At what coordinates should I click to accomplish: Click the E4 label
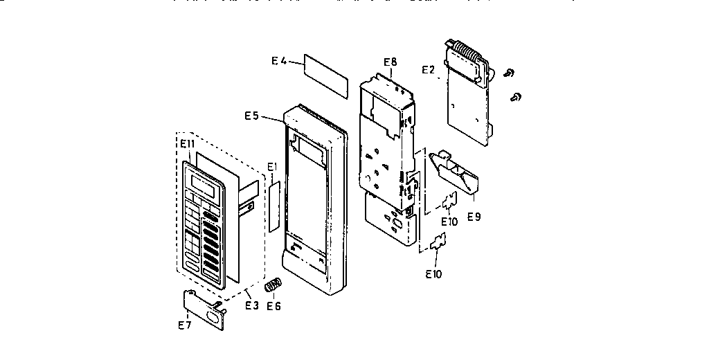(278, 61)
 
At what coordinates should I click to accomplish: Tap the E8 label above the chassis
(390, 62)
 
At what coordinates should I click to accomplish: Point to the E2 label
(429, 69)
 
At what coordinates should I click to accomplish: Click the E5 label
(251, 116)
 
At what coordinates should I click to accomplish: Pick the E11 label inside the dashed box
(188, 143)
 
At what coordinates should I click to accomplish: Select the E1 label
(272, 166)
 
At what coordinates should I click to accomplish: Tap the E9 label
(474, 217)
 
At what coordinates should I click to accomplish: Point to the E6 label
(274, 305)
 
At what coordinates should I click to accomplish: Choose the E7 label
(185, 325)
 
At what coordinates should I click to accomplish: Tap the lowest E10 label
(434, 273)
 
